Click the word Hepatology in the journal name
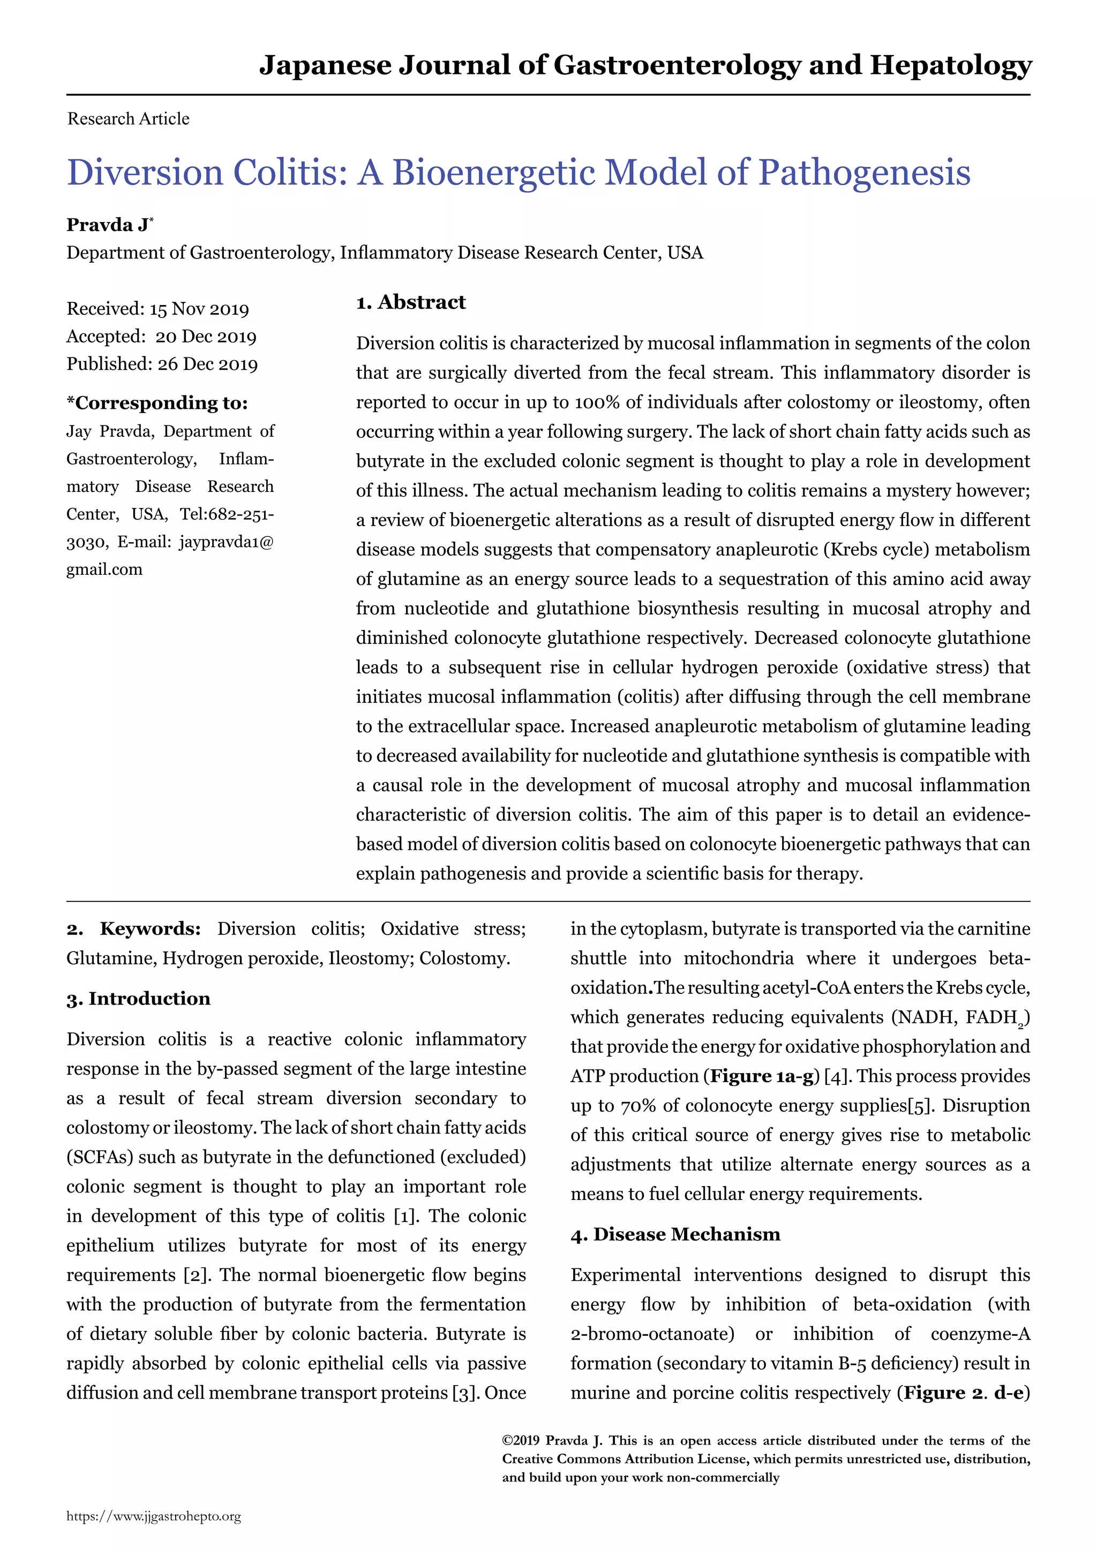[950, 65]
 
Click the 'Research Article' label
[129, 119]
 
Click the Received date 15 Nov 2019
[199, 309]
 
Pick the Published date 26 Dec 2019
[207, 364]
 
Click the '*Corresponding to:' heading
[157, 403]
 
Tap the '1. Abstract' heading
[411, 302]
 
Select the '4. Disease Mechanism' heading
[675, 1234]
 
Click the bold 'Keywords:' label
[150, 929]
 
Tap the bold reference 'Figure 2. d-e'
[963, 1393]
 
